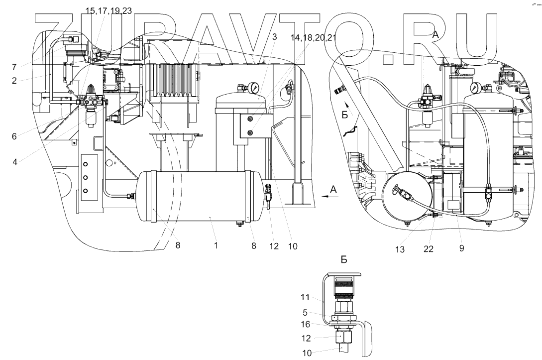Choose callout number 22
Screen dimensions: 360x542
[429, 249]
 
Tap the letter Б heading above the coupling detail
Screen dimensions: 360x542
[343, 259]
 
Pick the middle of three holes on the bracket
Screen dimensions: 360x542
[86, 177]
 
